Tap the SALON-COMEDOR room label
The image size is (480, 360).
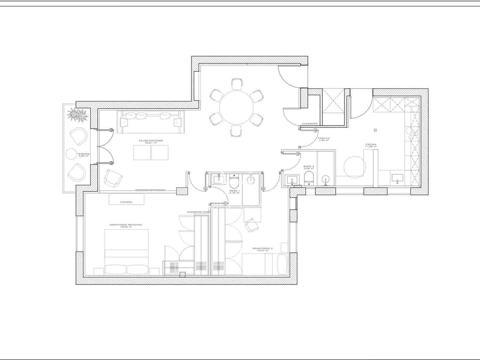point(151,141)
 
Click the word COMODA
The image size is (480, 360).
point(126,202)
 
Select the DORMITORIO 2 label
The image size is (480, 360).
point(262,249)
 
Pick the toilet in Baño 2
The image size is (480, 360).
point(309,180)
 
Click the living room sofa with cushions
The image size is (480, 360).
point(151,122)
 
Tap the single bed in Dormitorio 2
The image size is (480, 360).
point(265,264)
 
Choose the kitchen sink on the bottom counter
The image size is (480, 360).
point(397,178)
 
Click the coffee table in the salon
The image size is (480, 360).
point(151,152)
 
